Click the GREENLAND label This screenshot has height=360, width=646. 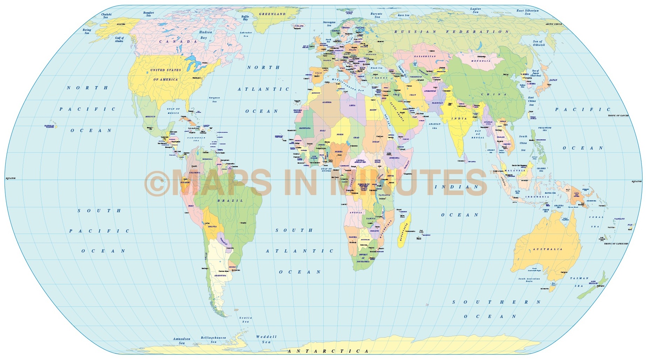click(272, 14)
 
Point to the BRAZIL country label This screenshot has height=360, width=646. click(230, 201)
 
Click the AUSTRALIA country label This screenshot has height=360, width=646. click(548, 249)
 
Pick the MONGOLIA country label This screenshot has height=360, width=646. click(481, 61)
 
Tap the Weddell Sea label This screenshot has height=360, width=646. click(266, 339)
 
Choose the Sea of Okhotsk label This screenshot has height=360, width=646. click(539, 43)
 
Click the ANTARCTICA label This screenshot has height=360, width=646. click(328, 351)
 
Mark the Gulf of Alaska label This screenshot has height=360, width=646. click(119, 39)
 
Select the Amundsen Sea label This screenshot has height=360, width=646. click(181, 341)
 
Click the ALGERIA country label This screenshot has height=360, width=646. click(327, 102)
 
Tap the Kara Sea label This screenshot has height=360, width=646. click(403, 15)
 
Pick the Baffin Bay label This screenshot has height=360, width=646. click(245, 18)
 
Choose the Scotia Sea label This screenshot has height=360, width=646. click(246, 319)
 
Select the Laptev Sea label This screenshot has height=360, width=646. click(475, 11)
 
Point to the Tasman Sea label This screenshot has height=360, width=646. click(579, 282)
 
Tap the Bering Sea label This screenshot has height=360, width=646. click(87, 32)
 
